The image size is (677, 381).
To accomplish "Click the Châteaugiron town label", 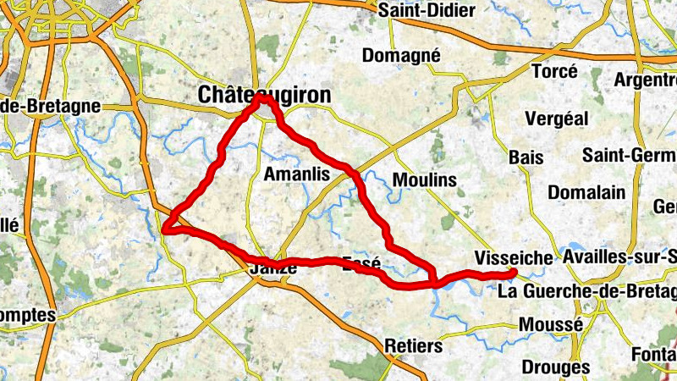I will (264, 96).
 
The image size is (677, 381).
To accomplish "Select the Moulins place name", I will (425, 179).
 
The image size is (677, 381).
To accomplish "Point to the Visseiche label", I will (514, 257).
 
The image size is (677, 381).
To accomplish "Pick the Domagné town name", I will (401, 55).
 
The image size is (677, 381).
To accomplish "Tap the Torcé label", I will (555, 71).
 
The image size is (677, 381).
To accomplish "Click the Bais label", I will (526, 157).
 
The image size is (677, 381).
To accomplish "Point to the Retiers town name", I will (413, 346).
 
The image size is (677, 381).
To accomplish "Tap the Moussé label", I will (551, 324).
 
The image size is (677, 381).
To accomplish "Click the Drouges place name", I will (556, 367).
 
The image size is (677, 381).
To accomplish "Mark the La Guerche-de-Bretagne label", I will (587, 292).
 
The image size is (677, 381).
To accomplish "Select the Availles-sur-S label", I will (619, 257).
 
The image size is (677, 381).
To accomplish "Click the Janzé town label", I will (273, 268).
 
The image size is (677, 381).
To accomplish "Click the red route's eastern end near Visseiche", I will (513, 272).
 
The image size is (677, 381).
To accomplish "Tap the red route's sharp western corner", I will (166, 227).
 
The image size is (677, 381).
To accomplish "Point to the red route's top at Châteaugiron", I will (263, 98).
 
